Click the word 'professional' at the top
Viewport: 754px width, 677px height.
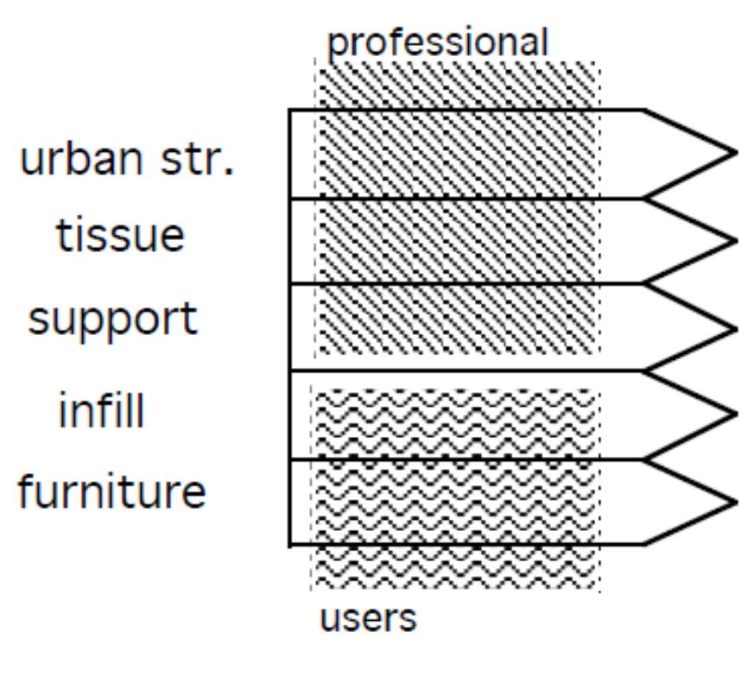point(439,43)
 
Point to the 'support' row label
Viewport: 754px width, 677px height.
point(113,320)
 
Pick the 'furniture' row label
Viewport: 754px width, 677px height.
point(112,492)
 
